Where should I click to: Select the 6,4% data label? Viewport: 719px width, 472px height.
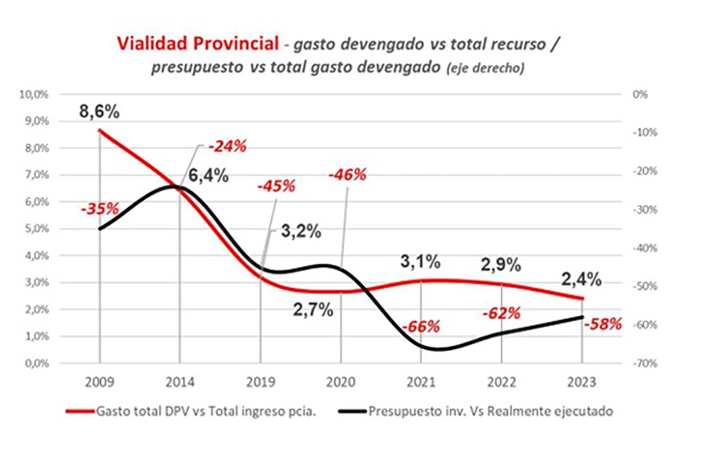(x=208, y=175)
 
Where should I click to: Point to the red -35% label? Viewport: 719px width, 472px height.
(x=99, y=208)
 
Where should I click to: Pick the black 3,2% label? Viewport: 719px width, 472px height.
(x=301, y=231)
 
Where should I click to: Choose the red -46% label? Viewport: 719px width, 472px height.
(x=347, y=175)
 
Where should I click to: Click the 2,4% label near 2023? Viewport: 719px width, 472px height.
(x=582, y=279)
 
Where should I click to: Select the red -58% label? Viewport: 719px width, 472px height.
(x=602, y=324)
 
